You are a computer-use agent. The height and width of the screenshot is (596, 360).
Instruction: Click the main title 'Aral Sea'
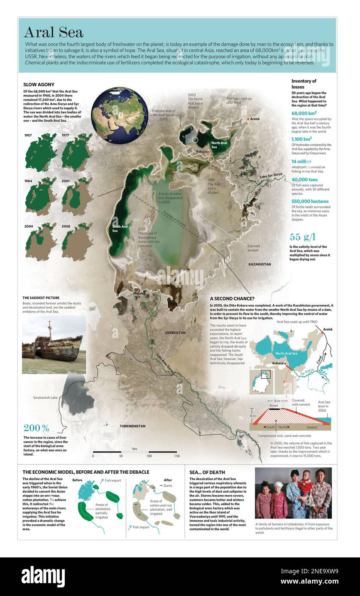(x=53, y=32)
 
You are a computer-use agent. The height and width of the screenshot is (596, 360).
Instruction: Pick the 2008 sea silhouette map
(x=77, y=242)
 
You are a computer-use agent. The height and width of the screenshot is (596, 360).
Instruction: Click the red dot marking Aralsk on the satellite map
(x=248, y=119)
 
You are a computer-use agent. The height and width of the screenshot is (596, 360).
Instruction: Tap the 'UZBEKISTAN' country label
(x=175, y=333)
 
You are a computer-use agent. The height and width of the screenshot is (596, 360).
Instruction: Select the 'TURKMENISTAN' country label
(x=133, y=426)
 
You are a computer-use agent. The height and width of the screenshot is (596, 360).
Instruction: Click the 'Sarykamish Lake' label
(x=45, y=397)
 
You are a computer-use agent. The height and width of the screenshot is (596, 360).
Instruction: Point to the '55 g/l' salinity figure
(x=303, y=237)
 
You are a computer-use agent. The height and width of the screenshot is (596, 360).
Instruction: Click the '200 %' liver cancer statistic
(x=36, y=427)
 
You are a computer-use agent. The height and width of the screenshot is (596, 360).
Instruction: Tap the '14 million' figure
(x=301, y=161)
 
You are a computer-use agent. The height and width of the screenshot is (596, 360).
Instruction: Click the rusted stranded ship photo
(x=54, y=345)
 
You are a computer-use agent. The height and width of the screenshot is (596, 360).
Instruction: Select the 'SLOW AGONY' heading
(x=39, y=84)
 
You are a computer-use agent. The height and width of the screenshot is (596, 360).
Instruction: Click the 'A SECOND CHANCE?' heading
(x=232, y=298)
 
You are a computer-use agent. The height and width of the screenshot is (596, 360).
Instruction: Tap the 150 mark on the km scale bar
(x=177, y=456)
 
